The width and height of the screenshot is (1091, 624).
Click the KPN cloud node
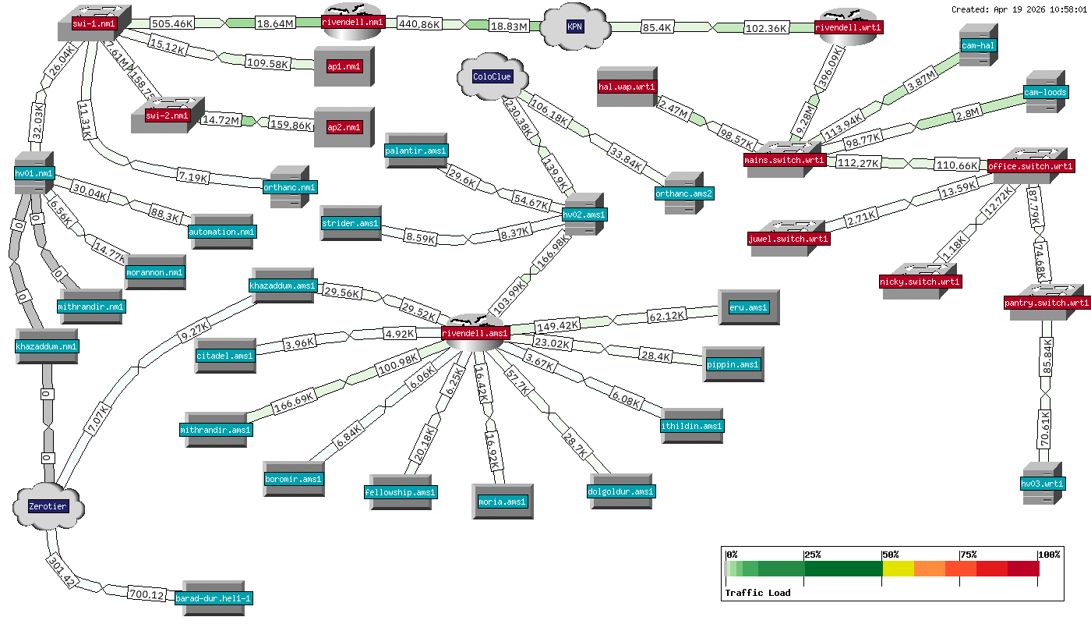[574, 27]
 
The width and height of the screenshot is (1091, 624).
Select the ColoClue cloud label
[493, 76]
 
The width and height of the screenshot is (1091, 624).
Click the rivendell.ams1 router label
[475, 333]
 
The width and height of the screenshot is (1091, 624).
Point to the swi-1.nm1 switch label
[94, 24]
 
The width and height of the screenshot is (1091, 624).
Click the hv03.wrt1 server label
[1043, 484]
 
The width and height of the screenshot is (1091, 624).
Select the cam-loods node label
[1046, 92]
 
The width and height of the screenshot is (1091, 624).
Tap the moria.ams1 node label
[503, 502]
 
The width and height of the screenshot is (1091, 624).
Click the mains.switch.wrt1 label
[785, 160]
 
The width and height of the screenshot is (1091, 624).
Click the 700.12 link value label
[147, 595]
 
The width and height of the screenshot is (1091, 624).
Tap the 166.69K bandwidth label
[294, 407]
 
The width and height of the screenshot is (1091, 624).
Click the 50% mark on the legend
[889, 555]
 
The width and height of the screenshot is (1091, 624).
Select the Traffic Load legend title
[757, 593]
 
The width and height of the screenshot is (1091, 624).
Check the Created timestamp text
[1019, 9]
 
